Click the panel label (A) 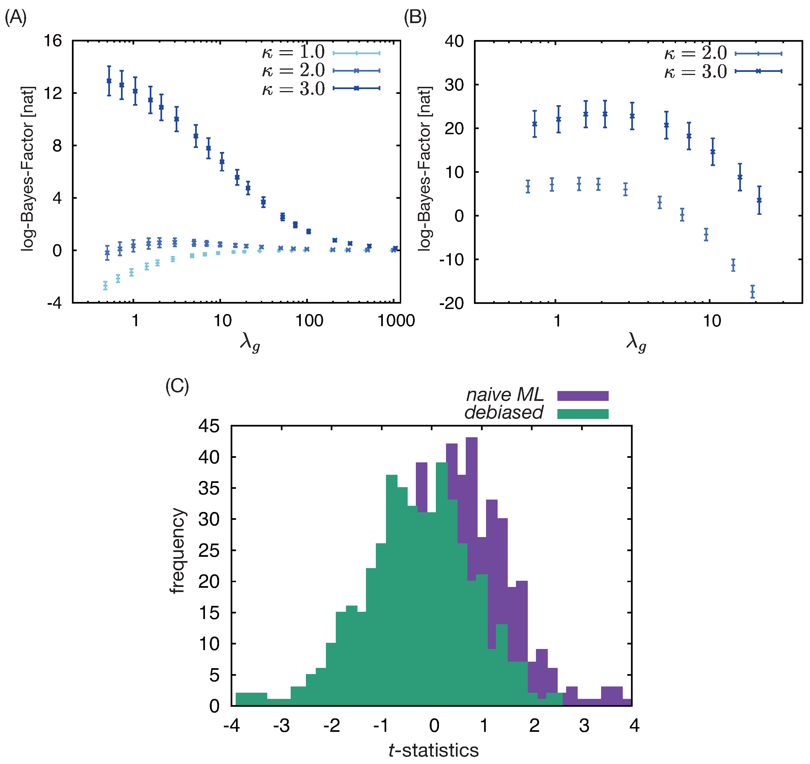(x=16, y=18)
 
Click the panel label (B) (x=415, y=18)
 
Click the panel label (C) (x=177, y=386)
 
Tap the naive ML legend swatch (x=583, y=396)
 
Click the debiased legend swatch (x=583, y=414)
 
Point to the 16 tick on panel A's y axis (x=53, y=41)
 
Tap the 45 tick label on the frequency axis (x=209, y=426)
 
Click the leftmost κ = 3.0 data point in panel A (x=109, y=81)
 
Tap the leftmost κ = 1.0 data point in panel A (x=105, y=285)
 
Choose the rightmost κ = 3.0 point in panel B (x=759, y=200)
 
